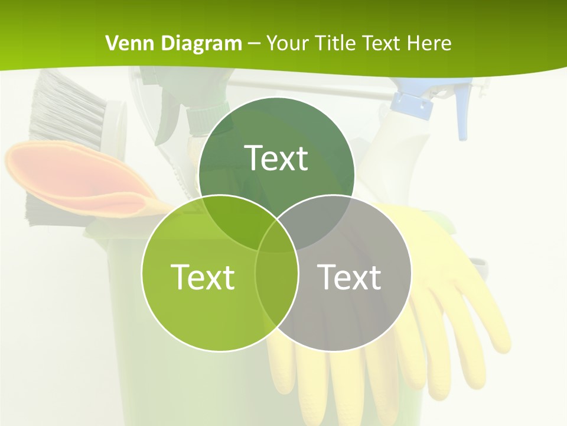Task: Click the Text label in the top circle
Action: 276,158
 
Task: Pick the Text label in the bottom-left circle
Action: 203,276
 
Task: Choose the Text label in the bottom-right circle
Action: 349,276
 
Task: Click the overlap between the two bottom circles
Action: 276,278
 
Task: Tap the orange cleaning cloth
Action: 77,177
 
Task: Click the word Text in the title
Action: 377,43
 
